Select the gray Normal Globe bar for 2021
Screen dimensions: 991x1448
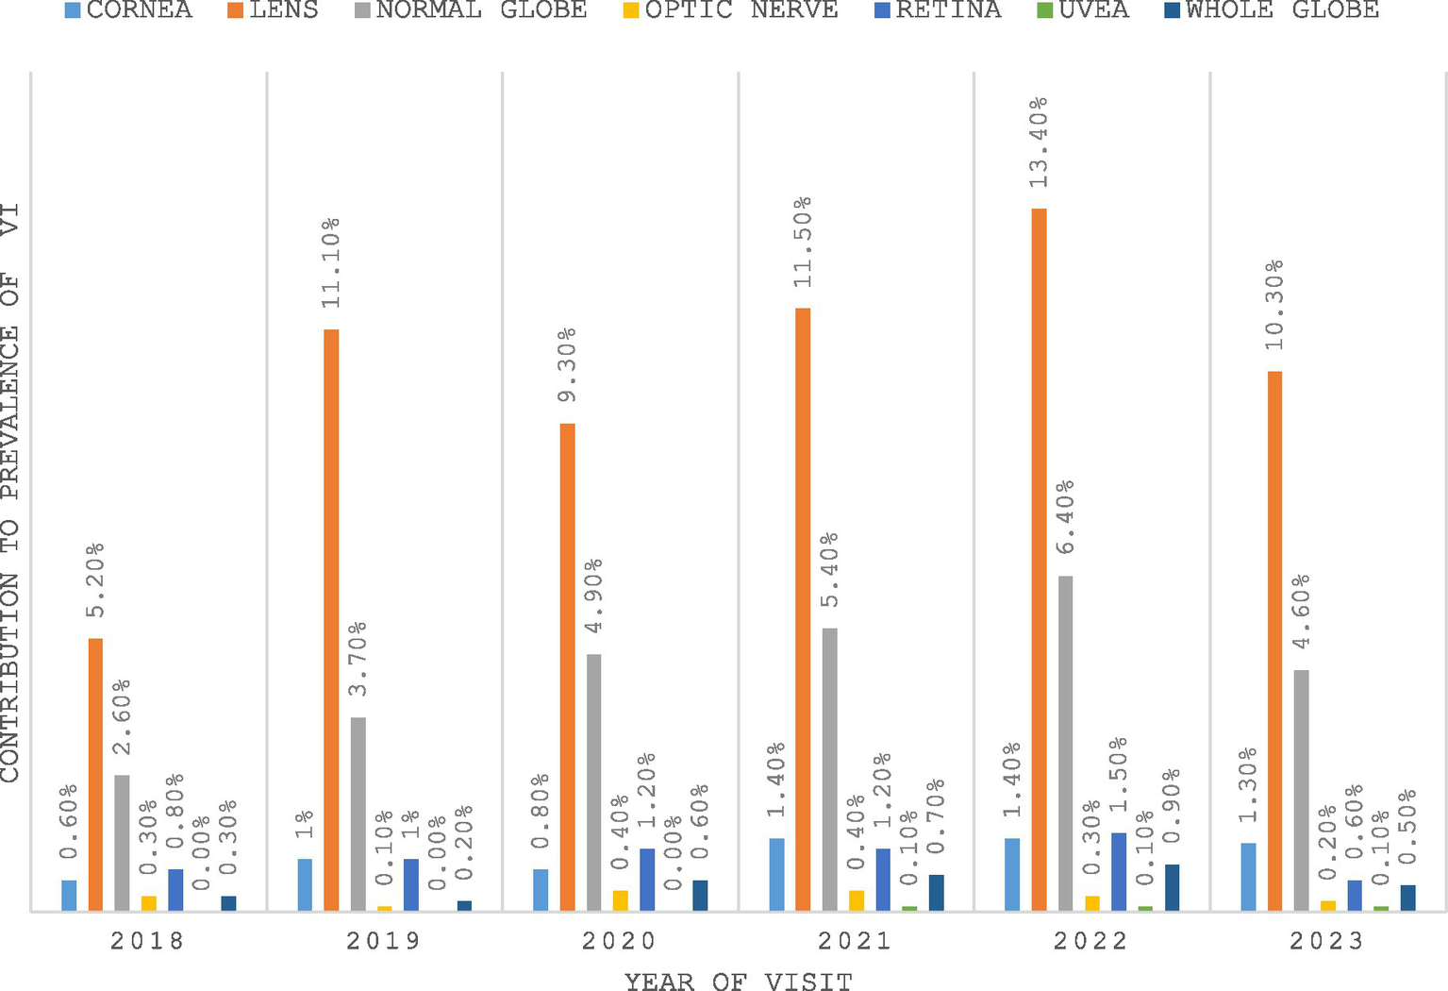click(x=829, y=769)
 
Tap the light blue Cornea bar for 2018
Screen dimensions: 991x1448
click(x=69, y=895)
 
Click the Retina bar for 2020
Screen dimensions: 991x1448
click(x=647, y=880)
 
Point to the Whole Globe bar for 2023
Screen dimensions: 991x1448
click(x=1407, y=898)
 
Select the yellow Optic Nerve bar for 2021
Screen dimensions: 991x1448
click(x=857, y=900)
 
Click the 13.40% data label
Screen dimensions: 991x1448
click(x=1038, y=142)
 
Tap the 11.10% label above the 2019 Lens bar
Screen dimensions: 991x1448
click(x=330, y=262)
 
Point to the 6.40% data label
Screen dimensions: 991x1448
click(x=1065, y=521)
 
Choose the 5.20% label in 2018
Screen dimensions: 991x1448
click(x=95, y=579)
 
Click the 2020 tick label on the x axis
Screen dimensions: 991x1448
click(x=619, y=941)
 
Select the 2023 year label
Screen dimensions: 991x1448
click(x=1327, y=941)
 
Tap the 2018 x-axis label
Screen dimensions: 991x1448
click(x=147, y=941)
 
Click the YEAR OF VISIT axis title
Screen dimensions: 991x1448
click(x=738, y=982)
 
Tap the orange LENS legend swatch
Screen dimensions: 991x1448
click(x=234, y=10)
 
